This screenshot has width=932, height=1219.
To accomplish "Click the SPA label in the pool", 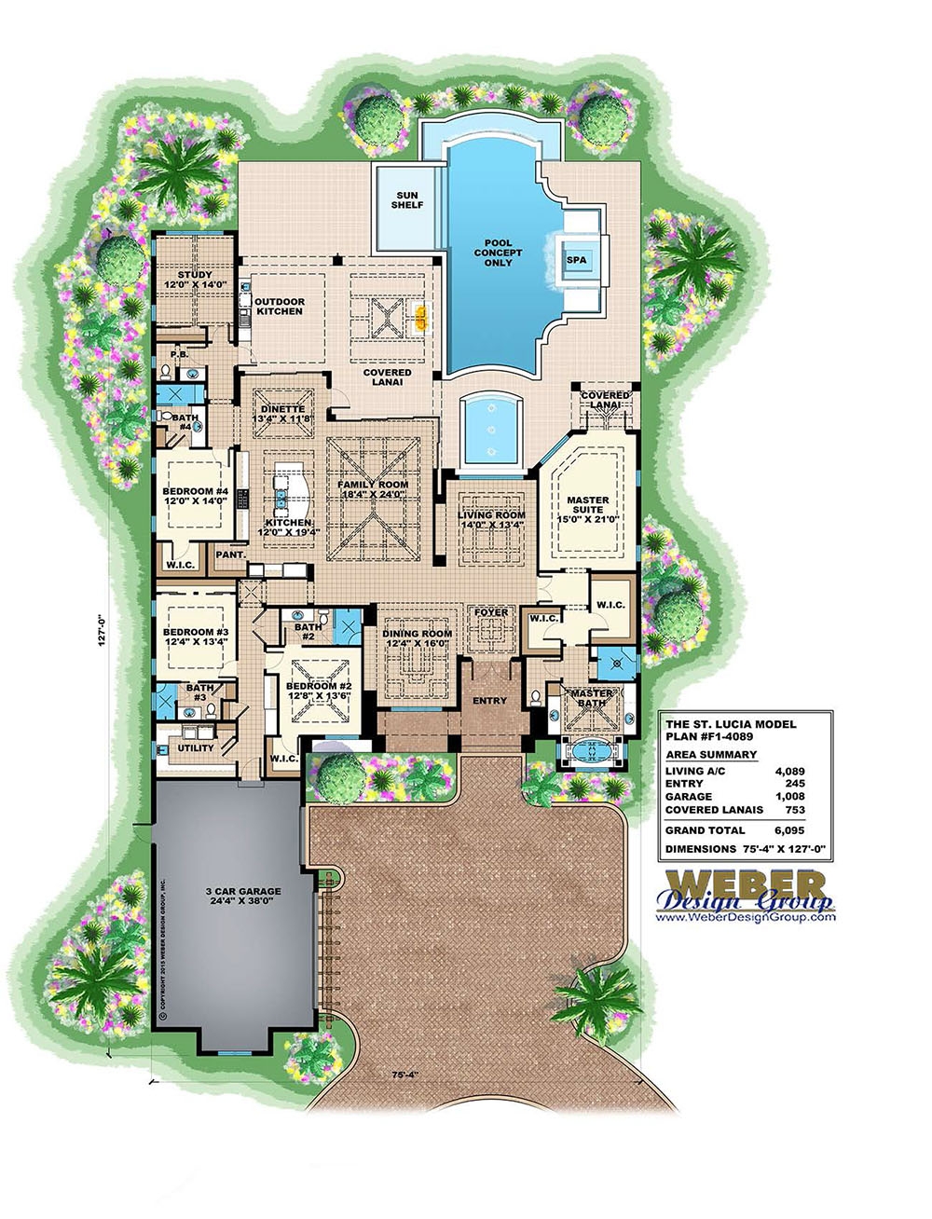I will pyautogui.click(x=577, y=259).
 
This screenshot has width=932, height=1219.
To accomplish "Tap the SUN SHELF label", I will pyautogui.click(x=406, y=200).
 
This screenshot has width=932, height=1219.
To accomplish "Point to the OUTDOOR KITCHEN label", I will pyautogui.click(x=280, y=307).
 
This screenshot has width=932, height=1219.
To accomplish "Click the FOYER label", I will pyautogui.click(x=491, y=612).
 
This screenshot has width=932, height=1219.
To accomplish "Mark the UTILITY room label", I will pyautogui.click(x=196, y=747).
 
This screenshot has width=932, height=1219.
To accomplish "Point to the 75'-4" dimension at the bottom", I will pyautogui.click(x=403, y=1075).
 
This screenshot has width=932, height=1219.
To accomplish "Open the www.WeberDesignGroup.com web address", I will pyautogui.click(x=746, y=918).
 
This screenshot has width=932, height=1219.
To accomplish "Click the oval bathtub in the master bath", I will pyautogui.click(x=591, y=750).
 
